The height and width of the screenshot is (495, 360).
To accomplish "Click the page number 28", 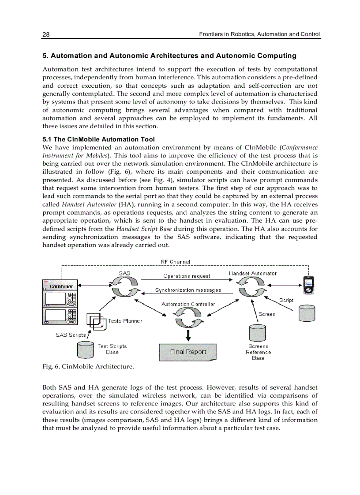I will click(46, 34).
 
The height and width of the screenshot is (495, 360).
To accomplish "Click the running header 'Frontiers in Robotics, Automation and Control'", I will click(259, 34).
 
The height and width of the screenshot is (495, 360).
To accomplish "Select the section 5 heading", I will click(169, 56).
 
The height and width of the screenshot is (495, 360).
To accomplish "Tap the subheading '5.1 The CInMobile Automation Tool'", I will click(98, 139).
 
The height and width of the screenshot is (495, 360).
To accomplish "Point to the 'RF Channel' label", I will click(175, 262).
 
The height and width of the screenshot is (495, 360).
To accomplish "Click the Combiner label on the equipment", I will click(61, 287).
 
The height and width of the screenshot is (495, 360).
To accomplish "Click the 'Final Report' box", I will click(188, 352).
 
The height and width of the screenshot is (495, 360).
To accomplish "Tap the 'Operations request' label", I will click(187, 276).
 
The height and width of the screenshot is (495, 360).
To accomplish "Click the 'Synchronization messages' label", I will click(188, 290).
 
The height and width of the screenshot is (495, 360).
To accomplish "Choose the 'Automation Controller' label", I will click(188, 304).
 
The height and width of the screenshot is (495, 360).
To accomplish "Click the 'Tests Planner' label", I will click(125, 321).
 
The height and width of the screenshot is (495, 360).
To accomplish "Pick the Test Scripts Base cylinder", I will click(86, 350).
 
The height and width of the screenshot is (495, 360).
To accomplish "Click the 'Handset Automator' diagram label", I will click(252, 273).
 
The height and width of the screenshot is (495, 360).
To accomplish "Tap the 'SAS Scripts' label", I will click(71, 335).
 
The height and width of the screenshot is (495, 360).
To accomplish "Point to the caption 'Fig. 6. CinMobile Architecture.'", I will click(88, 366).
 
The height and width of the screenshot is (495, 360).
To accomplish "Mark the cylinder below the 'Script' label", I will click(307, 313).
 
